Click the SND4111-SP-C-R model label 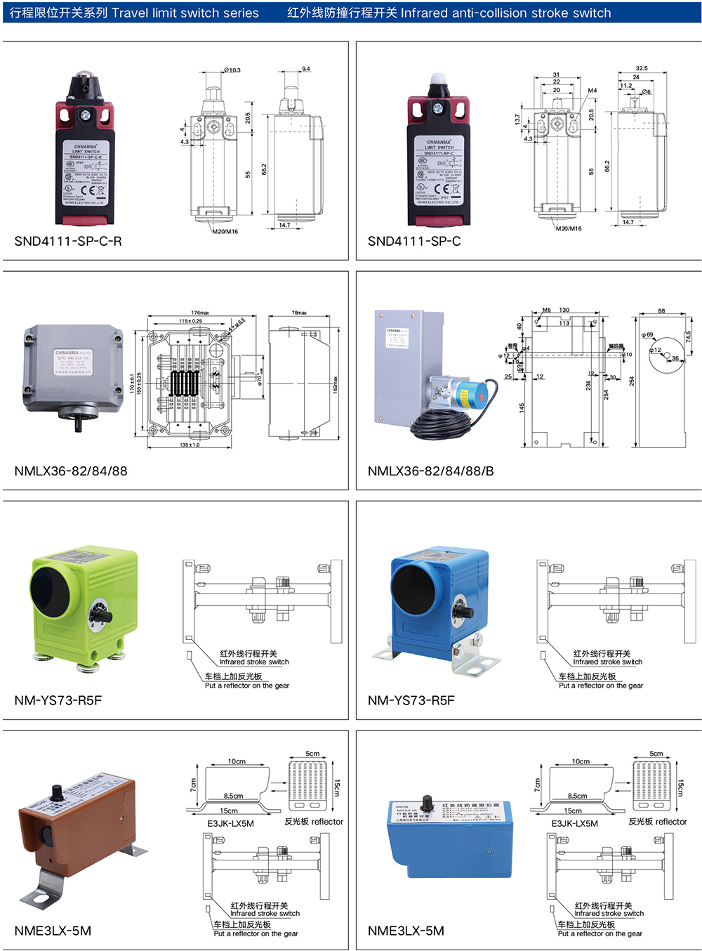68,241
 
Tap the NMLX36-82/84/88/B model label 430,471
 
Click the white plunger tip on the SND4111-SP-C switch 438,79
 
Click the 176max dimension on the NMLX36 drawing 200,313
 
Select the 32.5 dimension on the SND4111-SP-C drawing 641,69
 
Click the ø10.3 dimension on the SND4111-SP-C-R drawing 232,70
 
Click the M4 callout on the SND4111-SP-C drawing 592,91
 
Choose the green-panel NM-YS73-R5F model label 58,700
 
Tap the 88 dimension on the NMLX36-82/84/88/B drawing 661,310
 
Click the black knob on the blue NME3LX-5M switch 427,803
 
